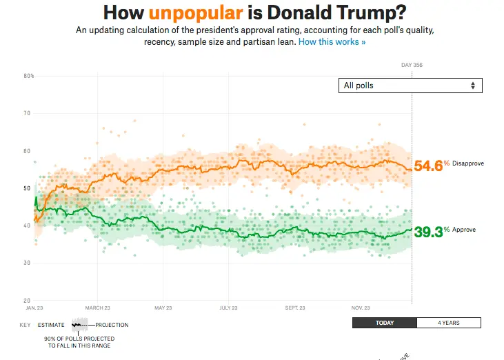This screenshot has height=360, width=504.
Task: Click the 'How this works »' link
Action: click(332, 42)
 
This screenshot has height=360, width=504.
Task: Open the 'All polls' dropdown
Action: click(410, 86)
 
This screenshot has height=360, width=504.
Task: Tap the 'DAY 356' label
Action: click(412, 66)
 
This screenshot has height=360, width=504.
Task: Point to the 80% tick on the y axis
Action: click(29, 76)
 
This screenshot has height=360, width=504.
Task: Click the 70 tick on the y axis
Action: click(29, 113)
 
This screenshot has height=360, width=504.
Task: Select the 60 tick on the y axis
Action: click(29, 150)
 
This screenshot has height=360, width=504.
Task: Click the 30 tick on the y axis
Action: click(29, 263)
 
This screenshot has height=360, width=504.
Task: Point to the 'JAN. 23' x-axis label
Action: click(35, 308)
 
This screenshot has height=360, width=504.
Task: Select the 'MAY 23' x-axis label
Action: click(163, 308)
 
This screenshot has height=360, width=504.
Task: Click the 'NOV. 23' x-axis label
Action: click(361, 308)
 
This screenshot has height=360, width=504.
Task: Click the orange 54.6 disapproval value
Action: click(427, 166)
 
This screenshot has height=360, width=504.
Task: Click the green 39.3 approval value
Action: click(427, 232)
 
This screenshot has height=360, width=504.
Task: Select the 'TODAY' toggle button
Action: click(384, 323)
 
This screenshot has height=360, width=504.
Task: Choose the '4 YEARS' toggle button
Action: click(449, 323)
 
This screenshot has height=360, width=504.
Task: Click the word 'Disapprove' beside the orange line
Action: click(468, 163)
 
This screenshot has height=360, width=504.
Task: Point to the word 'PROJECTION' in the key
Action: click(112, 325)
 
